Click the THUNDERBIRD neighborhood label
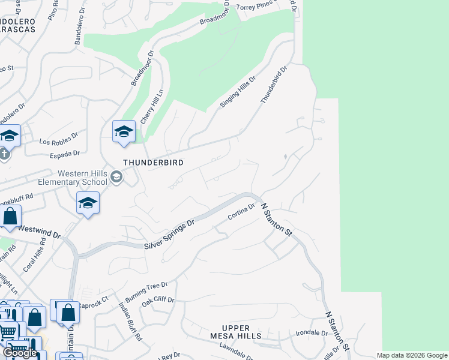click(153, 163)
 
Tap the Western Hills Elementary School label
click(73, 178)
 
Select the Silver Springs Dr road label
click(170, 235)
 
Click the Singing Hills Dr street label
click(238, 92)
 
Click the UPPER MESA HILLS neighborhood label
click(235, 332)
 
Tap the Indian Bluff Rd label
click(130, 323)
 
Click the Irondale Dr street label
click(310, 333)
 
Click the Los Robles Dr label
click(59, 139)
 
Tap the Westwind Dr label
click(40, 230)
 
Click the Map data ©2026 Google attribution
click(411, 355)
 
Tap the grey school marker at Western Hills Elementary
click(116, 176)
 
